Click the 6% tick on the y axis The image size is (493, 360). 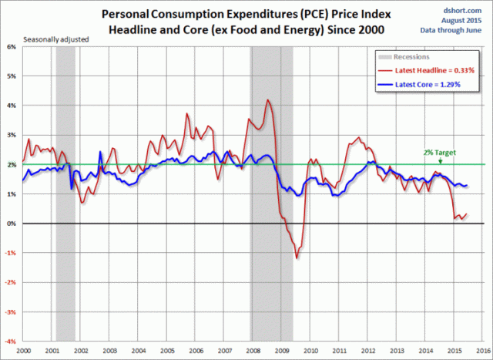pos(12,46)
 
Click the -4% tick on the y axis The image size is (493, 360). pos(11,341)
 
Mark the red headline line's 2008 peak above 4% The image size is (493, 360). pos(267,100)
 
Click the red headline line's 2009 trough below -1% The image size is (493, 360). pos(296,257)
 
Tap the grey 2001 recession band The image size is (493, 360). pos(65,193)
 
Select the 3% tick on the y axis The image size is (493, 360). pos(12,135)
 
